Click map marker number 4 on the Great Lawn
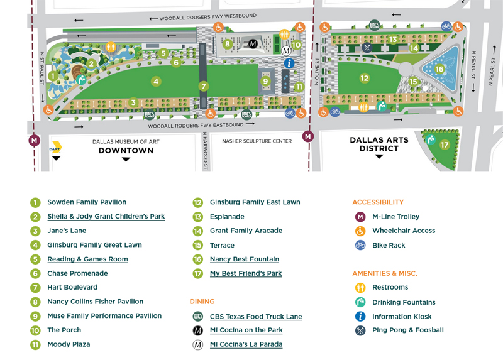click(156, 81)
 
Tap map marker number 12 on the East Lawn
click(364, 79)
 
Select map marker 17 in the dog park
click(445, 145)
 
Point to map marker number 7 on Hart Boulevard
click(203, 86)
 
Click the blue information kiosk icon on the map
click(289, 63)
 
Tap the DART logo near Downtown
click(56, 148)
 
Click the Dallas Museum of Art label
click(126, 142)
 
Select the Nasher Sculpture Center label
click(257, 141)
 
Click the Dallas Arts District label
click(379, 145)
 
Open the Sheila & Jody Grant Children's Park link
click(106, 217)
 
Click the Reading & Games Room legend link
click(87, 259)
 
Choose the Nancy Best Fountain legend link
click(244, 259)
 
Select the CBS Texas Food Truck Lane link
click(255, 317)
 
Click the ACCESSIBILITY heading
click(377, 202)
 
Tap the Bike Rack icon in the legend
click(360, 246)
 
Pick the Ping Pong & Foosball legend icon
click(360, 330)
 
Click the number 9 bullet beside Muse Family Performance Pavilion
click(35, 317)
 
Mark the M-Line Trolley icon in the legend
click(360, 217)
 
